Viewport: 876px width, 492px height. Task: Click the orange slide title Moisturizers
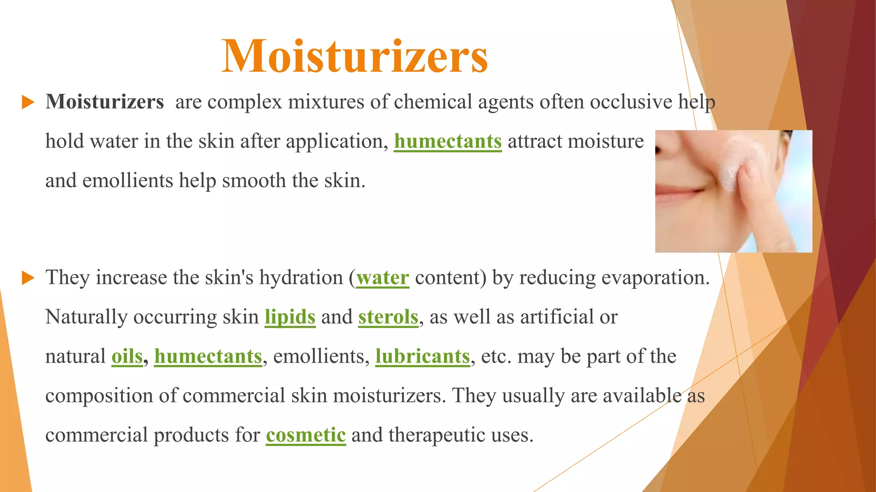(355, 57)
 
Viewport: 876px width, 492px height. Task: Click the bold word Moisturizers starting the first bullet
(105, 102)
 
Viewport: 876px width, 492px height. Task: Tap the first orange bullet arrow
(28, 102)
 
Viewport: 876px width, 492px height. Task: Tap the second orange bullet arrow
(28, 278)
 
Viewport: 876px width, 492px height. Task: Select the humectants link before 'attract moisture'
(447, 141)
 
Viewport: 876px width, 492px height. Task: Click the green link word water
(382, 278)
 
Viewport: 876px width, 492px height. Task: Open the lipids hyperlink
(290, 317)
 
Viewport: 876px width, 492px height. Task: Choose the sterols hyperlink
(388, 317)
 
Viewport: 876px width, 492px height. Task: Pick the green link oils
(127, 357)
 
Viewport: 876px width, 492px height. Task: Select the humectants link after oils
(208, 357)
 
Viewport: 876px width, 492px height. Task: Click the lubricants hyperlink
(423, 357)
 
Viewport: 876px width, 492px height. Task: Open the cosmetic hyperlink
(305, 435)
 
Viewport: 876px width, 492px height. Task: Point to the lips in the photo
(680, 195)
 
